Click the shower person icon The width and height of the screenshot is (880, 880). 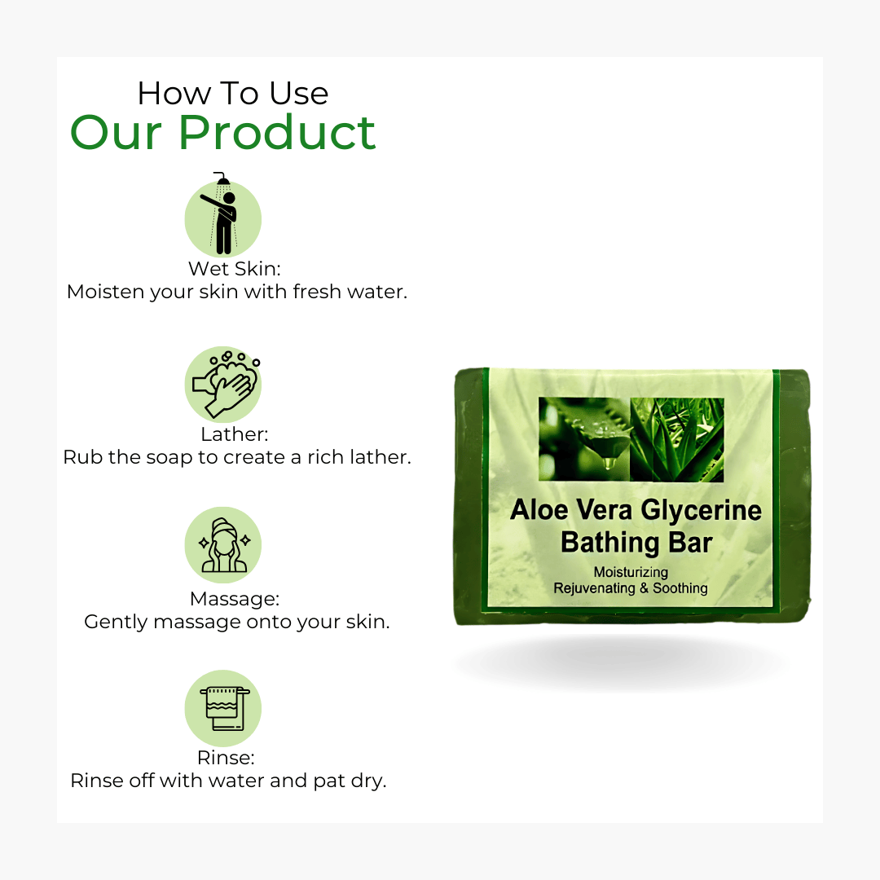point(222,215)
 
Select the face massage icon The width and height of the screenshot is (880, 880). point(223,545)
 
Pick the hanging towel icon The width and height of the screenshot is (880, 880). point(223,708)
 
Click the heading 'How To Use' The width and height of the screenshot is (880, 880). point(233,93)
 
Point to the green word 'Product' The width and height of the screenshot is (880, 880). point(277,134)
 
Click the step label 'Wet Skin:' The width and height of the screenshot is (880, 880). point(234,269)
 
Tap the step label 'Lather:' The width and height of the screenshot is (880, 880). point(235,434)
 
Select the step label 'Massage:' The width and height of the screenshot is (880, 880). point(235,600)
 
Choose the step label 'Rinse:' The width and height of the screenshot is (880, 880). point(226,759)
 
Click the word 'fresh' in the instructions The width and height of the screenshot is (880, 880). point(317,292)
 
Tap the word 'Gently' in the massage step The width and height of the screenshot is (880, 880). point(116,623)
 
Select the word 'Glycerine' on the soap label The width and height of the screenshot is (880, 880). point(702,511)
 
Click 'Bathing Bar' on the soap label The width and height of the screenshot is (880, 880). point(636,543)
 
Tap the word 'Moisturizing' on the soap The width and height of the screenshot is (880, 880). point(631,573)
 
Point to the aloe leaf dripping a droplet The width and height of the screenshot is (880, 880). point(583,439)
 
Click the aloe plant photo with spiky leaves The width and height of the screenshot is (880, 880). point(677,439)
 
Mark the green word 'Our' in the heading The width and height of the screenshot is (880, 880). point(116,134)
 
